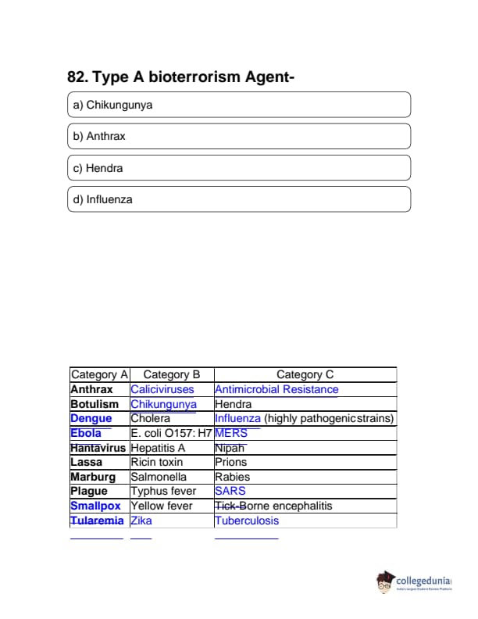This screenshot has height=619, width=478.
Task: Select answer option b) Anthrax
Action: tap(239, 136)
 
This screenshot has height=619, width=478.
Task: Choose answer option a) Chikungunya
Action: tap(239, 105)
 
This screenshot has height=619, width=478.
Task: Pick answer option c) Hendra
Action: tap(239, 168)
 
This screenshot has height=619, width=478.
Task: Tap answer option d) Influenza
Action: tap(239, 199)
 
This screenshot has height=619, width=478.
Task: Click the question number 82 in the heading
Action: tap(77, 77)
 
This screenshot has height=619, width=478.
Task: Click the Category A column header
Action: tap(99, 375)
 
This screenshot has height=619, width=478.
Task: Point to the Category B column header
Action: tap(172, 375)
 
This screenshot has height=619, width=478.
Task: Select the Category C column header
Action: tap(305, 375)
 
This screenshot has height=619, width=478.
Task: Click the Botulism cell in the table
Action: tap(95, 404)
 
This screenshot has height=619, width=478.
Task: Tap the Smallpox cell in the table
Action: tap(95, 506)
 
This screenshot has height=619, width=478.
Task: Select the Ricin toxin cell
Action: tap(157, 462)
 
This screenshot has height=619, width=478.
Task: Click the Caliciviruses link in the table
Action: tap(162, 389)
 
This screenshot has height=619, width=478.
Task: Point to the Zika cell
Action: tap(141, 521)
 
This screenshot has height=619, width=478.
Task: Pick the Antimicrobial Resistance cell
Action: tap(276, 389)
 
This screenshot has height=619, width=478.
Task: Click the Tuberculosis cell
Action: tap(247, 521)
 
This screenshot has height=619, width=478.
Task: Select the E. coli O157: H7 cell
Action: tap(171, 433)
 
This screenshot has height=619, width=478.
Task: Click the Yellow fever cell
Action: tap(161, 506)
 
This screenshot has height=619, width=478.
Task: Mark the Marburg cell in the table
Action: tap(93, 477)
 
